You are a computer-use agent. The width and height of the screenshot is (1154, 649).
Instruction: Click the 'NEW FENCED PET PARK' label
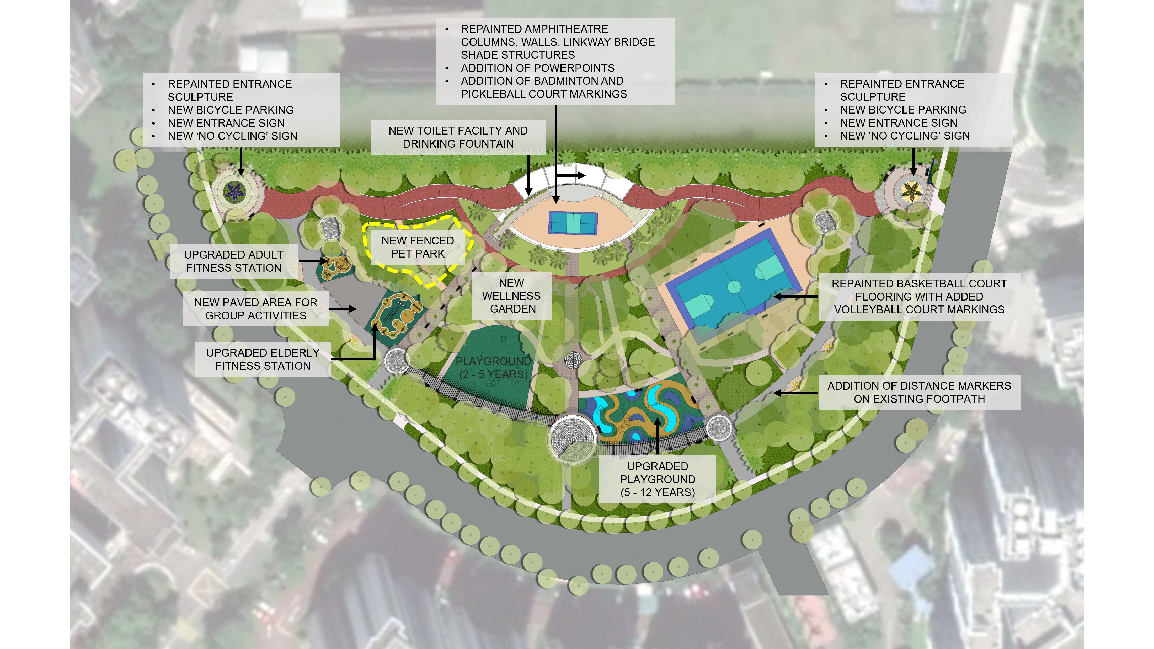tap(418, 247)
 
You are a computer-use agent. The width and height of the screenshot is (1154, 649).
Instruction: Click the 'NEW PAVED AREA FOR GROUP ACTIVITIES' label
tap(255, 309)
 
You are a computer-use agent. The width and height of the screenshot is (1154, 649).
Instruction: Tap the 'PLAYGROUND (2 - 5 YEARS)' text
tap(493, 368)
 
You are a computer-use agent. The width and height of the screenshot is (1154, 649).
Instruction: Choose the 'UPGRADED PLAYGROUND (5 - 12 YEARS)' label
tap(657, 479)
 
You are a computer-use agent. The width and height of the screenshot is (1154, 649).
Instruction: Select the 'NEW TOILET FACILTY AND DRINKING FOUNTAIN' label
tap(458, 137)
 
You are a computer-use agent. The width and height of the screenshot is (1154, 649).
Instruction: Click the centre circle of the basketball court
tap(734, 287)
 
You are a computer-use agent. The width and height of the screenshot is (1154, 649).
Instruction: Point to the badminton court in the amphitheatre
tap(573, 222)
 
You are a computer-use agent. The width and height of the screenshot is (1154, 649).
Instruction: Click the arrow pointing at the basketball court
tap(795, 297)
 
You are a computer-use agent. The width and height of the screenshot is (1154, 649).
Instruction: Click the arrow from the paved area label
tap(343, 309)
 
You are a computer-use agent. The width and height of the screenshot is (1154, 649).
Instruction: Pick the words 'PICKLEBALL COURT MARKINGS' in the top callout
tap(544, 94)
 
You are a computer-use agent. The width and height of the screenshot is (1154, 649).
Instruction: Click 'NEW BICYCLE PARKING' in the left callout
tap(231, 110)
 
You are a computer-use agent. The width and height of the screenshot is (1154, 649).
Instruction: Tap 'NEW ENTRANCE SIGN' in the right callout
tap(898, 123)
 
